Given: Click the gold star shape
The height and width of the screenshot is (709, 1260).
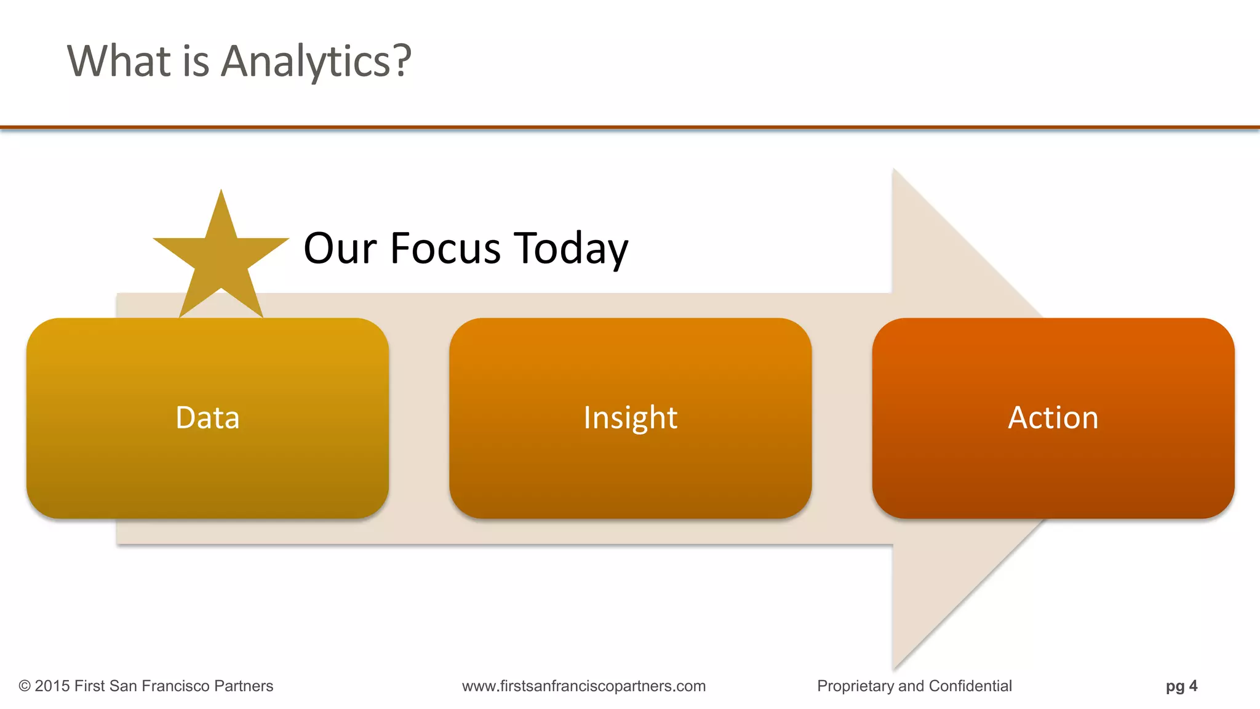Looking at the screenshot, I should (221, 258).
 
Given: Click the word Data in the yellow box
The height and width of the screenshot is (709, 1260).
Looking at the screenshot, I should (207, 418).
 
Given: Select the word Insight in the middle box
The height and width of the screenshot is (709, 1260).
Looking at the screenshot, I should (630, 418).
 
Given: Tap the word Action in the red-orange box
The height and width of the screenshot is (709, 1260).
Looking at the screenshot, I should (1053, 418).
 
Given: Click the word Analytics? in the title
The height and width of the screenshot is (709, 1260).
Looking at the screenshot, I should (316, 62).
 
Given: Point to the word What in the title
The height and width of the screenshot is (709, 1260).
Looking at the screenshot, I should (119, 62).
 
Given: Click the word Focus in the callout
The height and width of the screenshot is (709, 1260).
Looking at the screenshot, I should (445, 248).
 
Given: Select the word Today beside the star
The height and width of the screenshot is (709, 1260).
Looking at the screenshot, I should (572, 248).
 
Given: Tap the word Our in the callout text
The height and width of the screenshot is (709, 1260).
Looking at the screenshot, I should (340, 248).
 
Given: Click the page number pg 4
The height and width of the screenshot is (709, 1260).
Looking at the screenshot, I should (1181, 686).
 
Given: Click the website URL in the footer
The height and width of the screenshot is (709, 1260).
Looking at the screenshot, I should (584, 686).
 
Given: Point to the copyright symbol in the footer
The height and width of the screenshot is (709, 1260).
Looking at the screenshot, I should (25, 686).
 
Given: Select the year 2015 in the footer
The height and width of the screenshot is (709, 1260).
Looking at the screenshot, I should (52, 686).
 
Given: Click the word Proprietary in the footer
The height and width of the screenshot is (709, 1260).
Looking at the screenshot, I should (855, 686).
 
